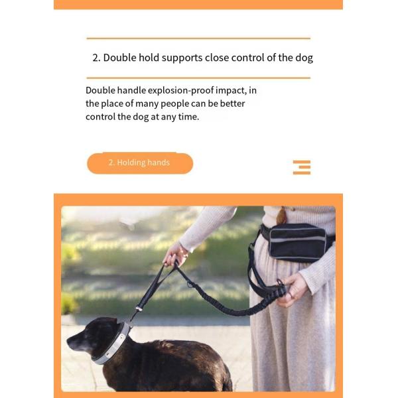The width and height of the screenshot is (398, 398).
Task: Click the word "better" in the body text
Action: click(x=241, y=103)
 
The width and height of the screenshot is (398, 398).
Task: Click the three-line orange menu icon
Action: click(x=302, y=166)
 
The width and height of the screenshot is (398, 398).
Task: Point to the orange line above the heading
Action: click(x=198, y=38)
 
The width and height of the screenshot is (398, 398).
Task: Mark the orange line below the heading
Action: click(x=198, y=78)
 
